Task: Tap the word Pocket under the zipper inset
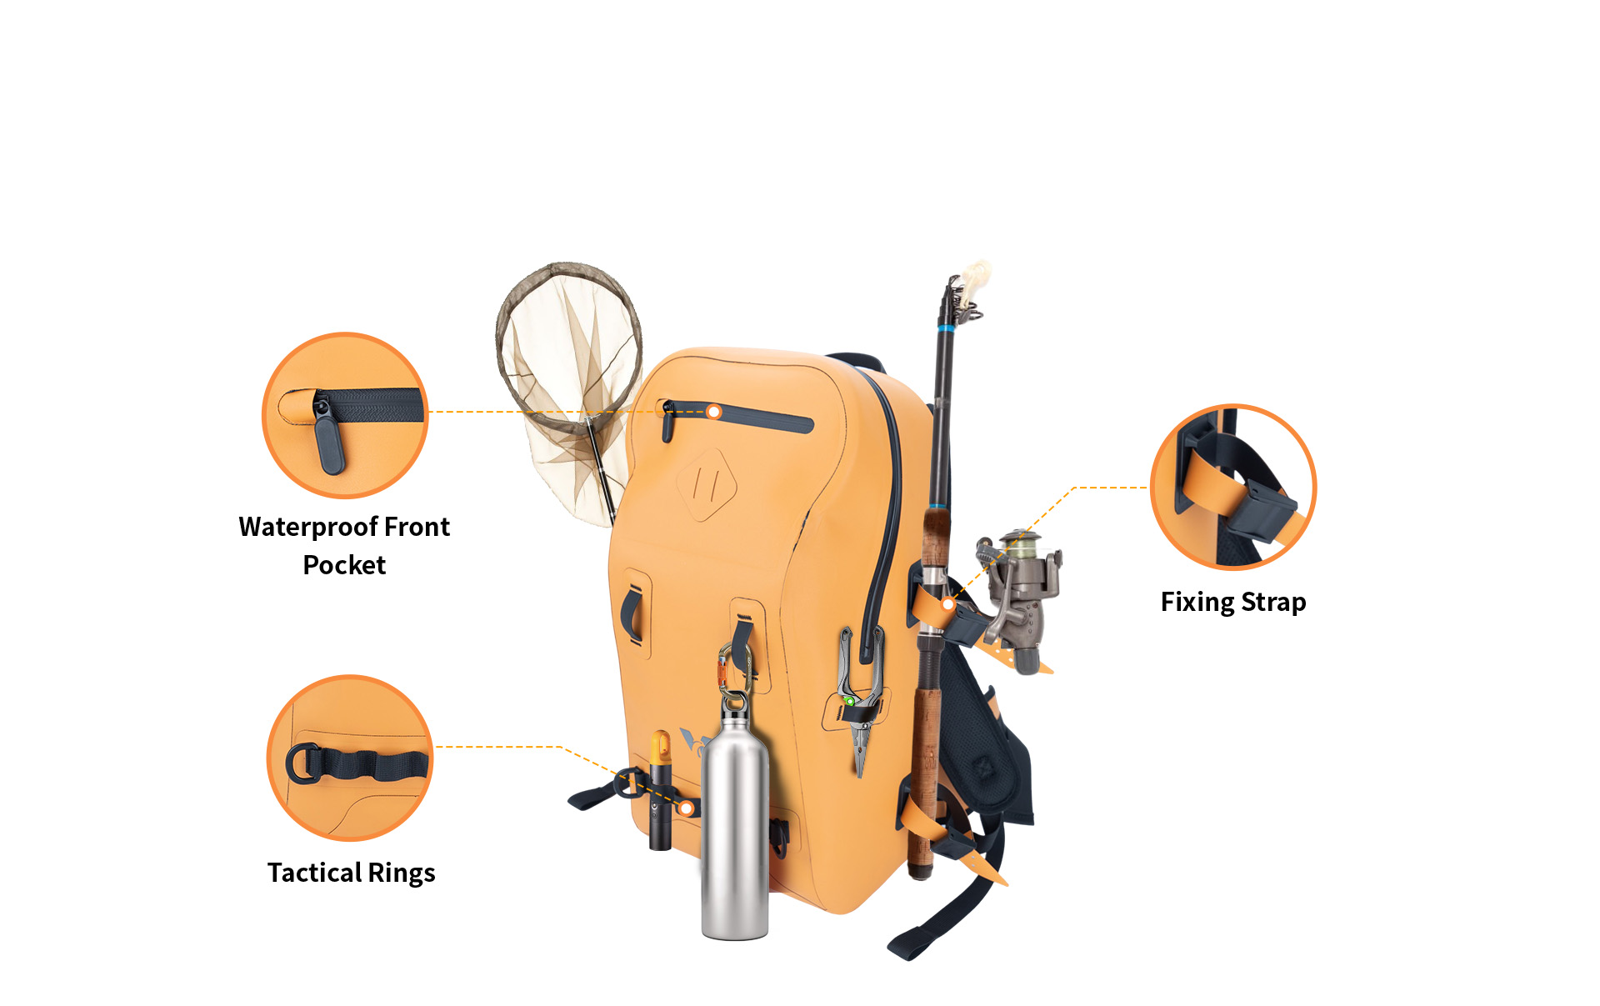coord(344,565)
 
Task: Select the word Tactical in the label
coord(314,872)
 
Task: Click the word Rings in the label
coord(402,873)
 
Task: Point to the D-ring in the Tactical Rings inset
coord(302,763)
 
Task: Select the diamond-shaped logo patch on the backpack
coord(707,484)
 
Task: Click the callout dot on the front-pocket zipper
coord(713,412)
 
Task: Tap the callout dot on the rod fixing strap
coord(947,603)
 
